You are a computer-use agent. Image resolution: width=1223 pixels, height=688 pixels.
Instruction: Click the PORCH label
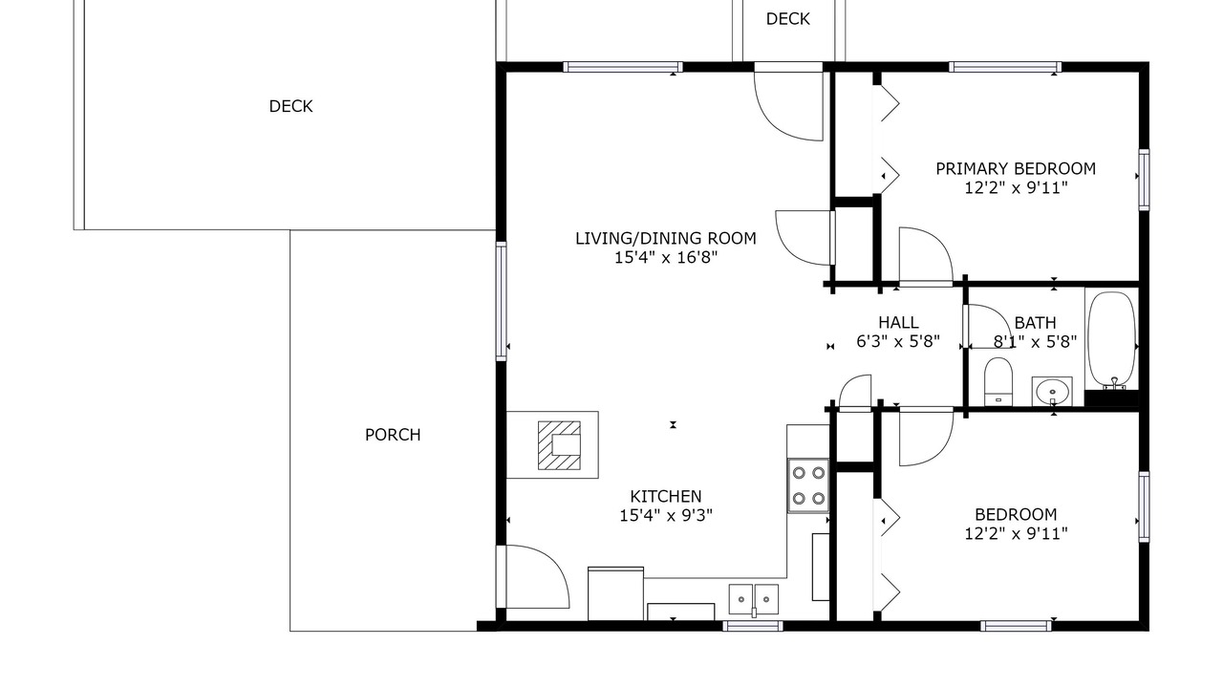393,435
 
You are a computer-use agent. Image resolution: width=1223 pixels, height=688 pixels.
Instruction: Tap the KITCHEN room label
666,496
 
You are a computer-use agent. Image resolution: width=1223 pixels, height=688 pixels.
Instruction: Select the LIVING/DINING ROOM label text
666,238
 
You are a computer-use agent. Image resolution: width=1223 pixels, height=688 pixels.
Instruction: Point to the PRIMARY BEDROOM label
1016,169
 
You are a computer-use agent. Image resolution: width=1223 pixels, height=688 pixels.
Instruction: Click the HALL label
898,322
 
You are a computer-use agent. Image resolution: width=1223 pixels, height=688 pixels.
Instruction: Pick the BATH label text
1035,323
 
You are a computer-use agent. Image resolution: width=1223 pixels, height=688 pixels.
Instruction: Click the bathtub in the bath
1111,339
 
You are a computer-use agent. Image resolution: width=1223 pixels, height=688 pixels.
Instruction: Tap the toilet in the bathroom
998,381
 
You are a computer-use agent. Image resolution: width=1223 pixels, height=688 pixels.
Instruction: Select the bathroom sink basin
1052,391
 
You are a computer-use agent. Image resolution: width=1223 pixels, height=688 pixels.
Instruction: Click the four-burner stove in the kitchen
808,485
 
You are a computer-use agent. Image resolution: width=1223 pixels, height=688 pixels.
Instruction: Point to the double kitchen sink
754,599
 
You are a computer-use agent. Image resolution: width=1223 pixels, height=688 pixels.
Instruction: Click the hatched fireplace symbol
559,445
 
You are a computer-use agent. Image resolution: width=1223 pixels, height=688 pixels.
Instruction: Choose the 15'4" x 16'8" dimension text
666,257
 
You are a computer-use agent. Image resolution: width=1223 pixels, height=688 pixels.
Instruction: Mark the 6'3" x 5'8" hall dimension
898,341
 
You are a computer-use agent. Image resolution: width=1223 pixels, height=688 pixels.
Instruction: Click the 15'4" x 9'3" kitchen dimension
666,515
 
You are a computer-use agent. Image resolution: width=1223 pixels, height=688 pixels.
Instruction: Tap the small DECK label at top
788,19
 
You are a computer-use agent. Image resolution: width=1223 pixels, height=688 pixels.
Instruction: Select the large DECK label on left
291,106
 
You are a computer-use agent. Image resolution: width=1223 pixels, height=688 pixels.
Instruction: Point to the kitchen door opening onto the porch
538,576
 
